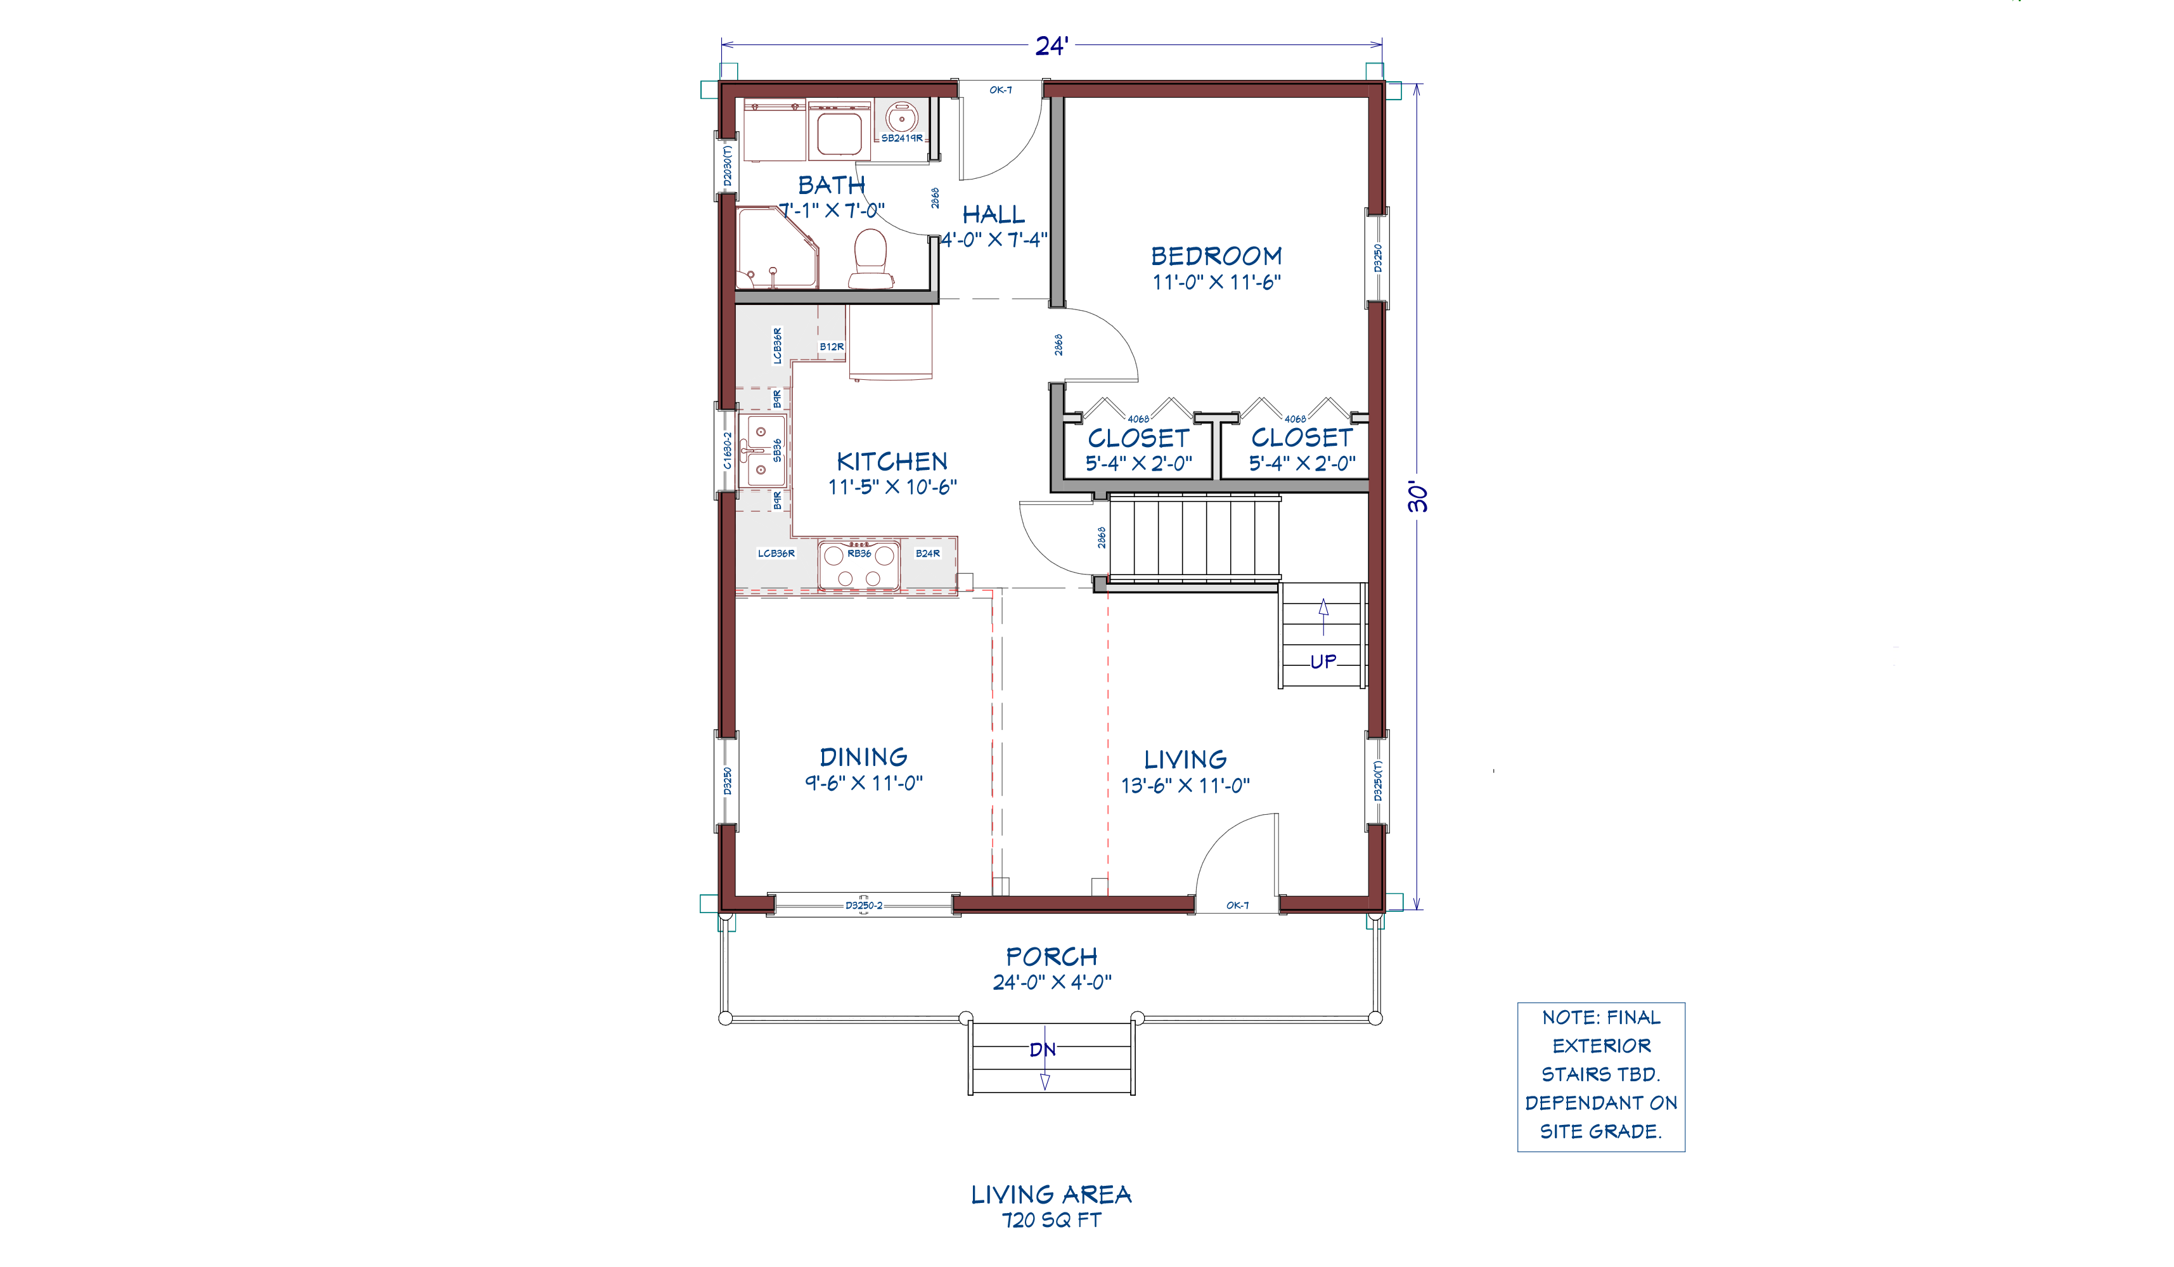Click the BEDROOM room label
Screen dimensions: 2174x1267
1216,256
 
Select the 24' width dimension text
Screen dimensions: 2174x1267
1052,46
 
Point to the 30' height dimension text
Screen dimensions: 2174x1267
1417,497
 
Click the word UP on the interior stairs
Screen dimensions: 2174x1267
1323,662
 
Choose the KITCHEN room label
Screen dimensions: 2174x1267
892,462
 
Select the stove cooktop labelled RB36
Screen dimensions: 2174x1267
858,565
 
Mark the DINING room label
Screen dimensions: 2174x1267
863,758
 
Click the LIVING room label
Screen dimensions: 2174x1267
1185,760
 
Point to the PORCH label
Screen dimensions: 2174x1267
1052,957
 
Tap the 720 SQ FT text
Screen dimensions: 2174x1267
1052,1221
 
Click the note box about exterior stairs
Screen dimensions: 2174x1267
1601,1077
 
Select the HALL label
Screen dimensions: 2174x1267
994,215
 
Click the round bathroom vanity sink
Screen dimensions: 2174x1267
901,117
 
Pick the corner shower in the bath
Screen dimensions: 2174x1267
776,248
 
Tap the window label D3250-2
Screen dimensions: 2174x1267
863,906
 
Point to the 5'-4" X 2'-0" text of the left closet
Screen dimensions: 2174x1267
1139,464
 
